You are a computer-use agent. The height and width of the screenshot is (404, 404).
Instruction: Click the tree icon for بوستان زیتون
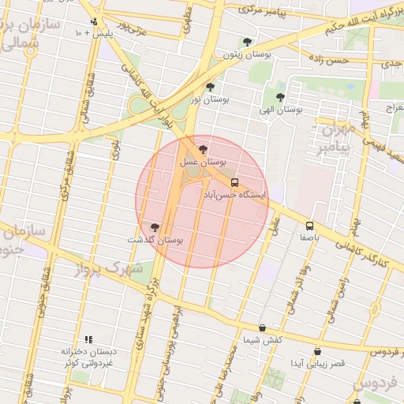click(x=248, y=42)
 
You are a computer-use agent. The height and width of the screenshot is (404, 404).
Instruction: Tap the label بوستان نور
click(x=209, y=99)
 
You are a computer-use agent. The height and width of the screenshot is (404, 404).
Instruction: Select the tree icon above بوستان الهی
click(x=281, y=97)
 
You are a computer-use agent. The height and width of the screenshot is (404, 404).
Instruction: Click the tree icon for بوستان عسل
click(x=204, y=149)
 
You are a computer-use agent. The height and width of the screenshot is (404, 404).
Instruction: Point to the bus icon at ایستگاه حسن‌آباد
click(x=234, y=181)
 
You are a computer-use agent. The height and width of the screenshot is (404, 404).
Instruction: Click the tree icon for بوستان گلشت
click(x=154, y=227)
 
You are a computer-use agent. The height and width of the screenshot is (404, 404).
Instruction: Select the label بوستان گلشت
click(x=154, y=240)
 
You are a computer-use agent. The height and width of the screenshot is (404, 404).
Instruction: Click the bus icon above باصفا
click(x=309, y=225)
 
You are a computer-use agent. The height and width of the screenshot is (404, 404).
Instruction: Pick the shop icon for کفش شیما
click(x=262, y=327)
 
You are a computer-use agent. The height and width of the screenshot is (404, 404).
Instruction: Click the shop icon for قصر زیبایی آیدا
click(x=317, y=352)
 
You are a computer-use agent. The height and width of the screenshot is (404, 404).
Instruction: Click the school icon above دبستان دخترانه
click(x=88, y=339)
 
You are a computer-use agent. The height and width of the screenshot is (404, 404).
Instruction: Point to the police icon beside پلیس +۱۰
click(x=95, y=22)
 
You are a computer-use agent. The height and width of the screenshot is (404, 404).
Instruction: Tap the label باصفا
click(x=309, y=237)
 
